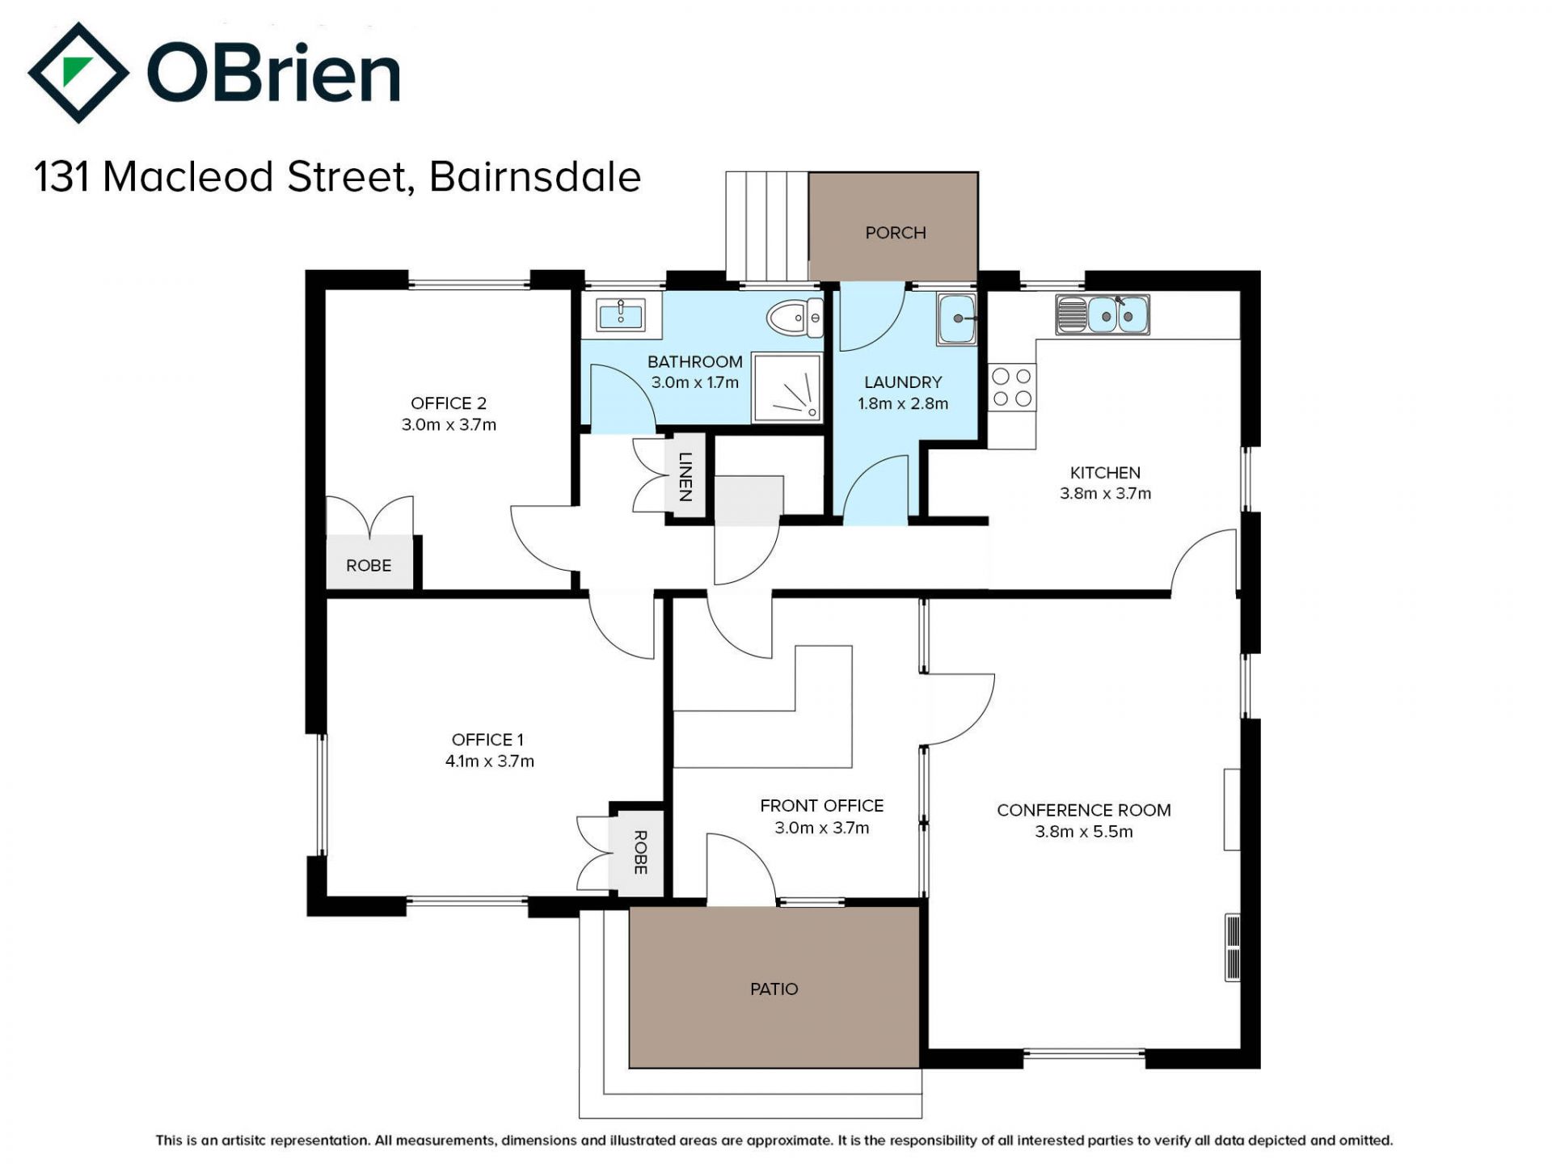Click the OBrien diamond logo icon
[x=78, y=73]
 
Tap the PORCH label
[x=896, y=233]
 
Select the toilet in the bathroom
[x=795, y=318]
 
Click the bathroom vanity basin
[x=621, y=314]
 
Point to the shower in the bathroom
[x=787, y=387]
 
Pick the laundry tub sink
[x=957, y=319]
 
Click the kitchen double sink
[x=1103, y=314]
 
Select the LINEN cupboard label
[x=685, y=476]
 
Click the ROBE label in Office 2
[x=369, y=566]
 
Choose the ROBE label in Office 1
[x=640, y=852]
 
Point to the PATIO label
[x=774, y=989]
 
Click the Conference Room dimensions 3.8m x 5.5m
[x=1084, y=832]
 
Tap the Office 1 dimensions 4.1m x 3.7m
[x=490, y=761]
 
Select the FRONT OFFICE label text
[x=822, y=806]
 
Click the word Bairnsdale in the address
[x=535, y=177]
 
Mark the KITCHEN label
[x=1105, y=473]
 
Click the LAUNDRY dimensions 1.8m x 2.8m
[x=903, y=403]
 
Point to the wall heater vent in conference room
[x=1233, y=947]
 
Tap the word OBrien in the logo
[x=274, y=73]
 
